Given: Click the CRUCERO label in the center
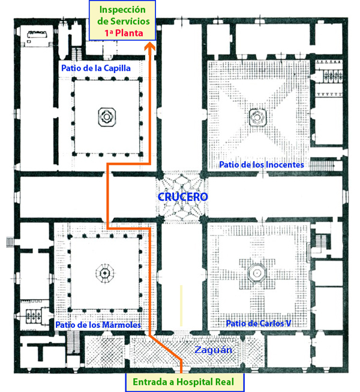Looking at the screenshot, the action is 182,197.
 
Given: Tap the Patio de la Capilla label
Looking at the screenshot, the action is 96,68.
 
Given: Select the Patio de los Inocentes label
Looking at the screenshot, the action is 262,165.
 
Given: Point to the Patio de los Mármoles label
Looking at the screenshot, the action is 98,325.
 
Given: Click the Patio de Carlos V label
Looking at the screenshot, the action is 259,323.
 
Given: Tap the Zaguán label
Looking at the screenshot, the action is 213,350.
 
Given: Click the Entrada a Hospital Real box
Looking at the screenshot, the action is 184,382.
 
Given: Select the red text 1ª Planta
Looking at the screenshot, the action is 124,33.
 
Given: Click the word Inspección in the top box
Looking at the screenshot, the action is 122,10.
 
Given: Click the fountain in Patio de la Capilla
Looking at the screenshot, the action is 107,117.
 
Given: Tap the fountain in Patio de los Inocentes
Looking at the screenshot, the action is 257,117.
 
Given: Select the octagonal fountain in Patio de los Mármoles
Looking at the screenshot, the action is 105,273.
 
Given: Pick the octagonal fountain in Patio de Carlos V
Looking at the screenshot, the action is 257,273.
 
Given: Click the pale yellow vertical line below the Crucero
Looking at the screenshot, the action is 181,306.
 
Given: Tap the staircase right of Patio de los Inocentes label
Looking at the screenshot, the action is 322,165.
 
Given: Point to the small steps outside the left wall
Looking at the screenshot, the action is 10,242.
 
